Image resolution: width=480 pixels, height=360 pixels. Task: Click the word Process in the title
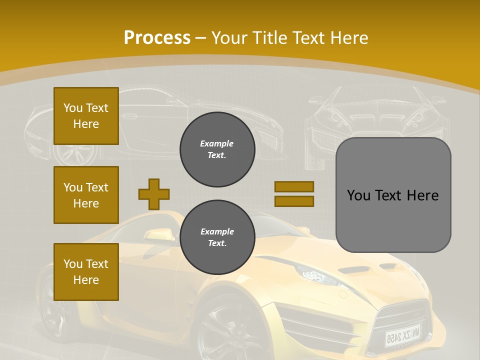[x=157, y=37]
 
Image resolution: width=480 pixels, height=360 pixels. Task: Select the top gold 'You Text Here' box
[x=86, y=116]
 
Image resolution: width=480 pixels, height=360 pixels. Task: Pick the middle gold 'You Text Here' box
[x=86, y=195]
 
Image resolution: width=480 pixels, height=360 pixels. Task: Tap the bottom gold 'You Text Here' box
[x=86, y=272]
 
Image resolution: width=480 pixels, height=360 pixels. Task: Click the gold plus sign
[x=154, y=194]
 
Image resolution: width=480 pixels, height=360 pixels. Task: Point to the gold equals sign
[x=294, y=194]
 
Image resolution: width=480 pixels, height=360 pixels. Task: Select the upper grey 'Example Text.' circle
[x=217, y=149]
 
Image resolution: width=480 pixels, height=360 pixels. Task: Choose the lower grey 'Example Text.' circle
[x=217, y=237]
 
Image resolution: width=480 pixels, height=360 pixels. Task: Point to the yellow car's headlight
[x=313, y=274]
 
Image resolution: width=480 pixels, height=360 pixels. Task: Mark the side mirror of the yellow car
[x=158, y=234]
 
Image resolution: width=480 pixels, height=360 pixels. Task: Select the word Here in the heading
[x=349, y=37]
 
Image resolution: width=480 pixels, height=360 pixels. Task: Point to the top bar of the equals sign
[x=294, y=186]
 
